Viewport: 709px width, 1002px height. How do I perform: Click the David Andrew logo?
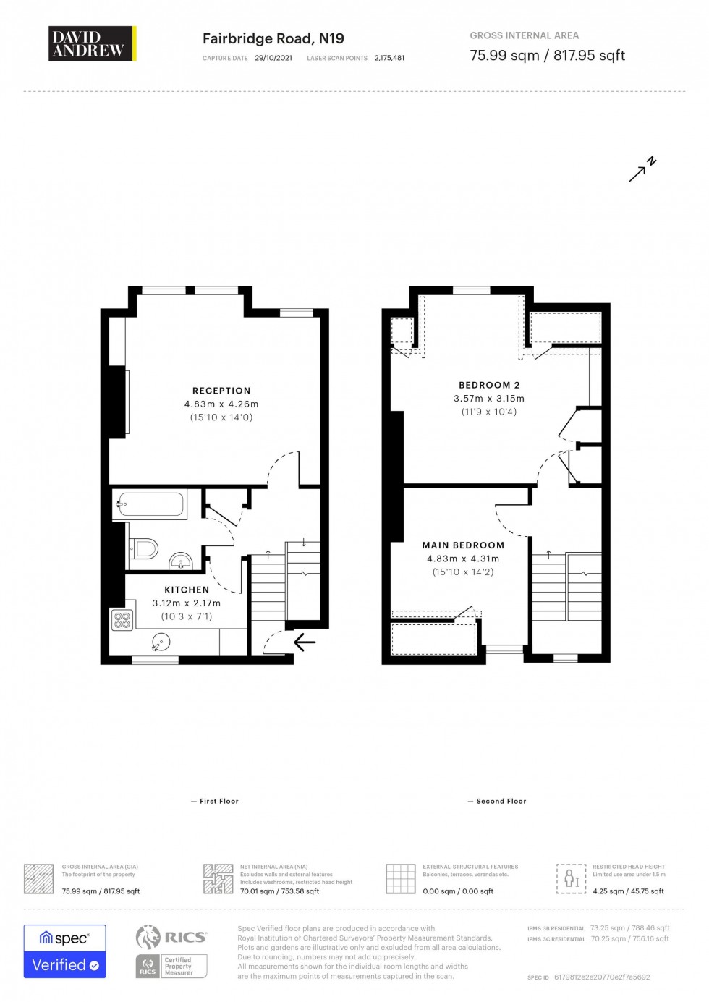pyautogui.click(x=92, y=43)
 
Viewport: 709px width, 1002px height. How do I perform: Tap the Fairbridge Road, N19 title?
pyautogui.click(x=273, y=38)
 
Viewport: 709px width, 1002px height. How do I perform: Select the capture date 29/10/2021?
pyautogui.click(x=273, y=58)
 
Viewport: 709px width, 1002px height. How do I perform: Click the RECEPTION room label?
pyautogui.click(x=221, y=391)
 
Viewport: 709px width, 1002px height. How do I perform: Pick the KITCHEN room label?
pyautogui.click(x=187, y=590)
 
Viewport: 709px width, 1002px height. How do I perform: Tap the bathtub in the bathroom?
pyautogui.click(x=150, y=504)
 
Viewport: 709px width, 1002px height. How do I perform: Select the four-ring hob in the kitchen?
pyautogui.click(x=122, y=620)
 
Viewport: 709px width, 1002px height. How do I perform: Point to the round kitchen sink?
pyautogui.click(x=161, y=640)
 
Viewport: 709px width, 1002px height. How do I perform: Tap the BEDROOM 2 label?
pyautogui.click(x=489, y=385)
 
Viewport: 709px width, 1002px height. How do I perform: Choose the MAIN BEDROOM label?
pyautogui.click(x=463, y=545)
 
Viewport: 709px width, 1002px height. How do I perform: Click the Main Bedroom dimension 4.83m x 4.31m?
pyautogui.click(x=463, y=559)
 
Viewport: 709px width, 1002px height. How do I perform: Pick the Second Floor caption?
pyautogui.click(x=501, y=801)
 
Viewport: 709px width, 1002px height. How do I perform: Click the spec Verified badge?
pyautogui.click(x=65, y=951)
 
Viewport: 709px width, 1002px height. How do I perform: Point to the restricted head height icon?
pyautogui.click(x=572, y=878)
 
